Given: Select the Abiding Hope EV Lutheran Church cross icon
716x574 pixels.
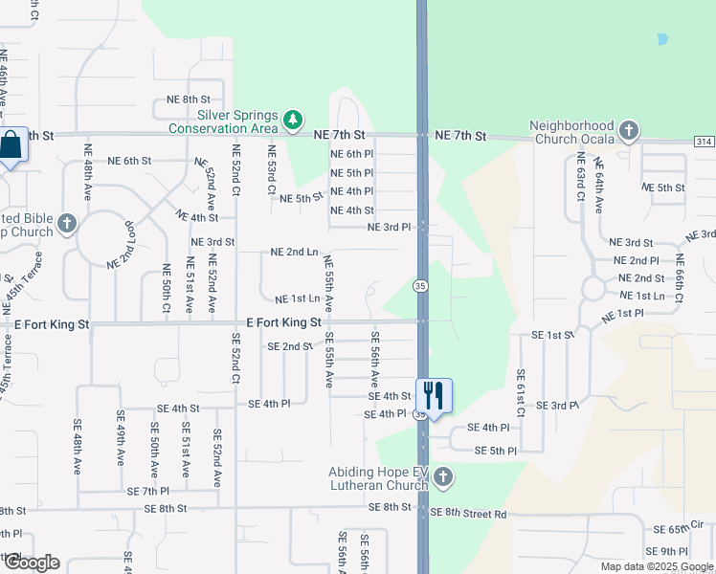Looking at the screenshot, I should pos(442,476).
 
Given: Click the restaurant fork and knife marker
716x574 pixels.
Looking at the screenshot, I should pos(434,393).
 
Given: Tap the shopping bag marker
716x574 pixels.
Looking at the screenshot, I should pos(11,146).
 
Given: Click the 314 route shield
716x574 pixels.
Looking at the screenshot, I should pos(705,141).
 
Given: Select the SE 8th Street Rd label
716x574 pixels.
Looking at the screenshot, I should pos(469,514).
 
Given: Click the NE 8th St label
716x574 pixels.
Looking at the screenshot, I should pos(188,99).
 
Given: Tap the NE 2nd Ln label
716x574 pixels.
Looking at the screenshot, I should pos(294,253).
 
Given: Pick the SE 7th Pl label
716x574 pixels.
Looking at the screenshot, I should pos(147,491).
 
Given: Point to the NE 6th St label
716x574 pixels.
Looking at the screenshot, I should pos(130,161).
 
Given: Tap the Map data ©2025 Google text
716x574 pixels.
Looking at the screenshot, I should pos(656,566).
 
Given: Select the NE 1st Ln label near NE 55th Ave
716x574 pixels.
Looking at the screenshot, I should pos(297,299).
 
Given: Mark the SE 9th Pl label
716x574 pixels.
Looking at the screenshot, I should pos(667,552).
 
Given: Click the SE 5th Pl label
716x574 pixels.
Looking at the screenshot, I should pos(496,451).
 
